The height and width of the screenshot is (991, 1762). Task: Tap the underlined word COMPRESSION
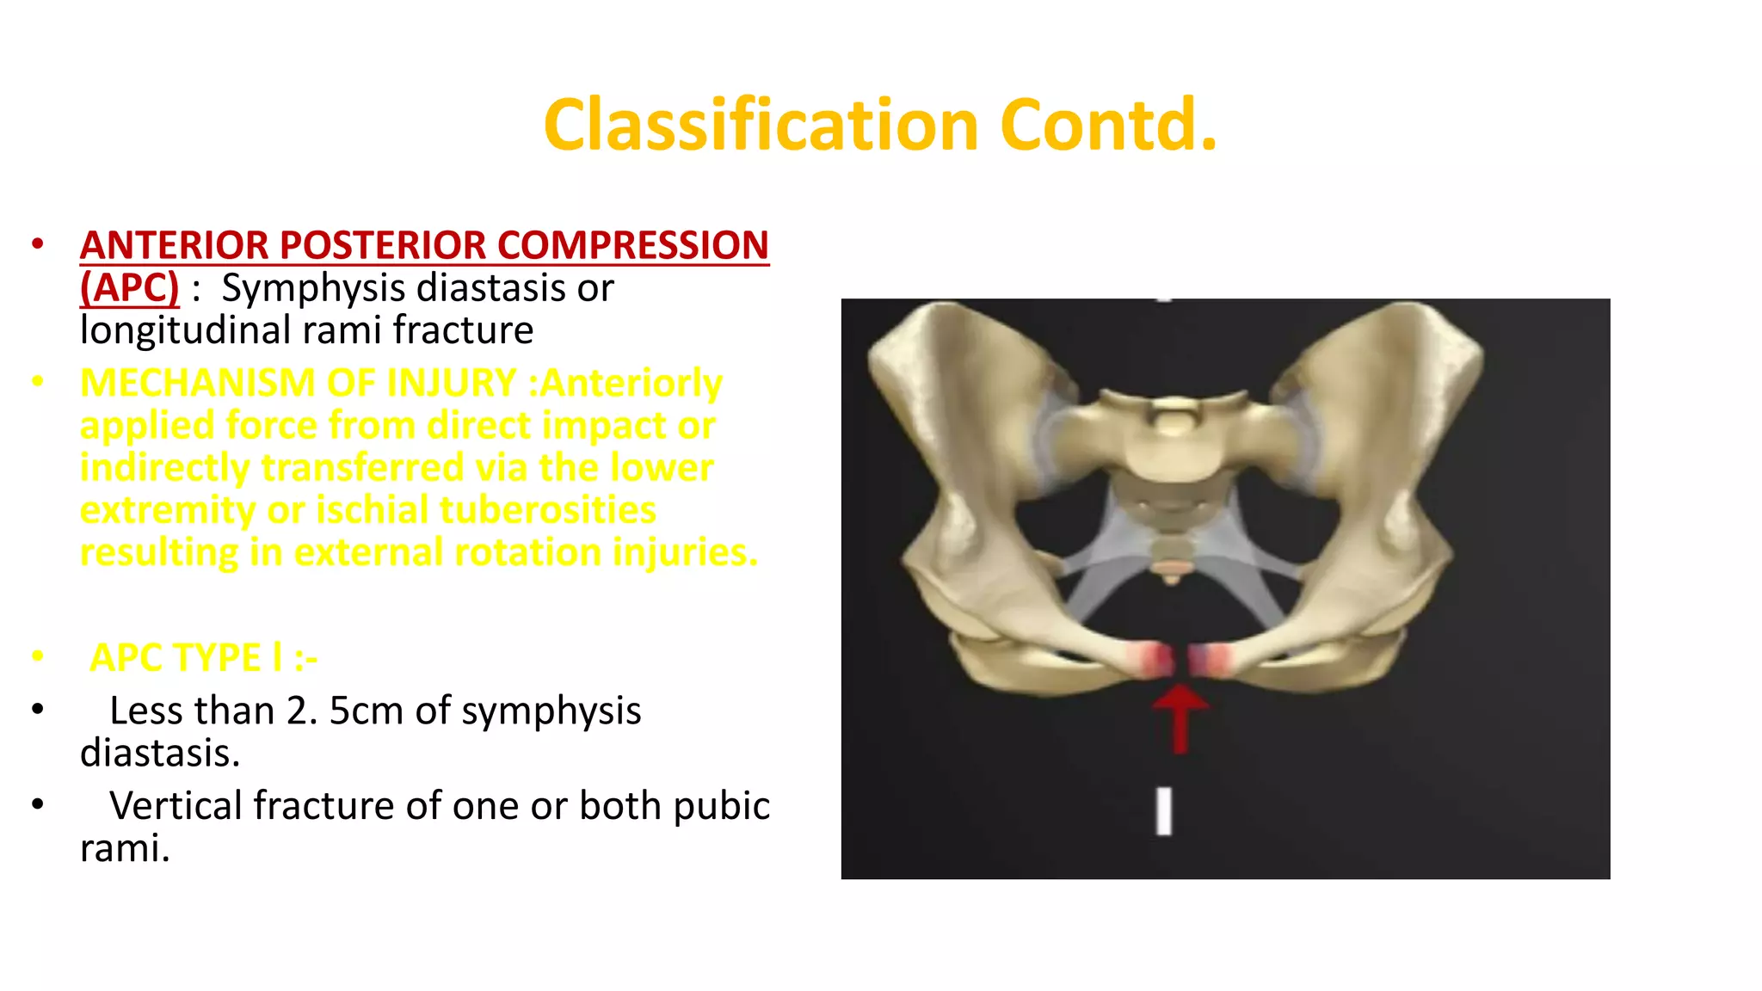632,245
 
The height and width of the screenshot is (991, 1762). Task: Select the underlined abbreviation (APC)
129,287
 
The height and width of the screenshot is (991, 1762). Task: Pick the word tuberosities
547,510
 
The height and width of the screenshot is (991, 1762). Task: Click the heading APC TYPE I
203,658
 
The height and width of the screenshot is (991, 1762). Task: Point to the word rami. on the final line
124,849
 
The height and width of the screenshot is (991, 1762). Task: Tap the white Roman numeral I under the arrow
1163,811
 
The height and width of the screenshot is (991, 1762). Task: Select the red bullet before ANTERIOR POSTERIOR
37,244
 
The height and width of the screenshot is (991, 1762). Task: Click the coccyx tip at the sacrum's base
1170,580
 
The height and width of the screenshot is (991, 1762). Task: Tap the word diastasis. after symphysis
160,754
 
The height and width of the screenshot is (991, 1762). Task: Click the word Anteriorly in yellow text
631,383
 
